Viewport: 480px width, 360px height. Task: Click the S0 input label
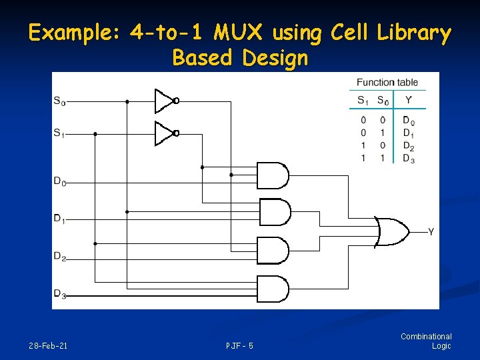[x=59, y=101]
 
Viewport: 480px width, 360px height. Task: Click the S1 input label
[x=59, y=133]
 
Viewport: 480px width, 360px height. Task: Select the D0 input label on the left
[x=59, y=180]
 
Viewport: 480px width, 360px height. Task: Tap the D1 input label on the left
[x=59, y=218]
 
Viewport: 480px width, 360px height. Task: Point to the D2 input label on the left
[x=59, y=256]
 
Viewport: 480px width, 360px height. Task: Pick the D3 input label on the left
[x=59, y=293]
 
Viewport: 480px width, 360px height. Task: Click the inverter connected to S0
[x=165, y=101]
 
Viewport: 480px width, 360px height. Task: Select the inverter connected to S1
[x=165, y=133]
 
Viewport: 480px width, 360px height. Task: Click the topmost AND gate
[x=273, y=175]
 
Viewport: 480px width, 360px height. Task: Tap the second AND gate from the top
[x=274, y=213]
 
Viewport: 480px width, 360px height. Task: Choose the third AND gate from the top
[x=273, y=251]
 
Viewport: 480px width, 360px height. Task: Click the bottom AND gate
[x=273, y=289]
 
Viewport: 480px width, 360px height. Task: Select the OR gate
[x=391, y=231]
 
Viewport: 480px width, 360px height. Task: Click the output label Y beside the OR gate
[x=431, y=232]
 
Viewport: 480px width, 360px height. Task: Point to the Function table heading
[x=387, y=83]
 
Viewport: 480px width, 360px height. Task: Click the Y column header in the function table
[x=408, y=100]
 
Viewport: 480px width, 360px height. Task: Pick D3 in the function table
[x=408, y=158]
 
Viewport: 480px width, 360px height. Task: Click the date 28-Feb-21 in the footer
[x=48, y=346]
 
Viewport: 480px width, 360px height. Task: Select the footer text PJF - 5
[x=239, y=346]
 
